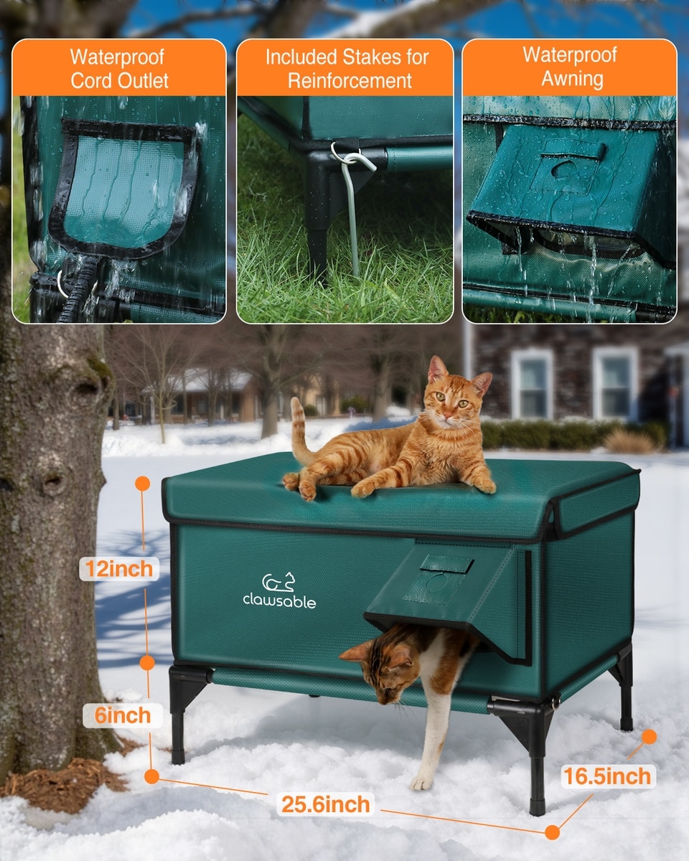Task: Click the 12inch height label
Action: click(119, 568)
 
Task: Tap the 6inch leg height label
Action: click(123, 715)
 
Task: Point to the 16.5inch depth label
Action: click(607, 776)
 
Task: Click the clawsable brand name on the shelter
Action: click(279, 601)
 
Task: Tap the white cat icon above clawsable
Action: click(278, 582)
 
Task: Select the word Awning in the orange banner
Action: click(573, 79)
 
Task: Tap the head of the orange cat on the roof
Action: click(456, 394)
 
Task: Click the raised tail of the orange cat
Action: click(299, 431)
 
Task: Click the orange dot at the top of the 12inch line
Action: click(143, 484)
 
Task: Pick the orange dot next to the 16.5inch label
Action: click(650, 737)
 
